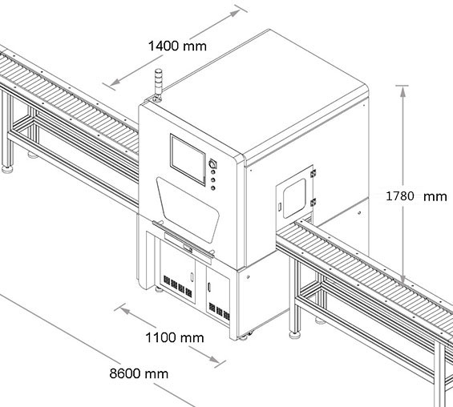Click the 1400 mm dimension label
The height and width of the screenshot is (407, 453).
(177, 46)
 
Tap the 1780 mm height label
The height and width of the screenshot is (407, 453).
(416, 196)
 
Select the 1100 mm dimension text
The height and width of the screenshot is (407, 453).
(175, 337)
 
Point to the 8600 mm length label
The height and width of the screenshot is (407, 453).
(139, 373)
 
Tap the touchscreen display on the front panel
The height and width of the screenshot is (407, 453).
(188, 159)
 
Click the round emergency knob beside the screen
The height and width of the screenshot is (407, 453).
(213, 164)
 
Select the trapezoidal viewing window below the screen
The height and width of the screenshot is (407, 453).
(188, 209)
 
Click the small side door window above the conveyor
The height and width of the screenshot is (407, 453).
(294, 198)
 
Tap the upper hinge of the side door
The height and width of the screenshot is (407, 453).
(313, 173)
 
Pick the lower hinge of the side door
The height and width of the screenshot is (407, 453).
(313, 203)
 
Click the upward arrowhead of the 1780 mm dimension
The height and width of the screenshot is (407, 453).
(402, 91)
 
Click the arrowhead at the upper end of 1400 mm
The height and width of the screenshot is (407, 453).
(234, 14)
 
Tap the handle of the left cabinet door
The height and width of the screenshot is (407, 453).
(192, 276)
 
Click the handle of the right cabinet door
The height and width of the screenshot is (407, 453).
(209, 288)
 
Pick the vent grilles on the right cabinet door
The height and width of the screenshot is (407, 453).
(219, 312)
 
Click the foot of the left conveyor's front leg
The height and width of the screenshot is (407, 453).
(7, 169)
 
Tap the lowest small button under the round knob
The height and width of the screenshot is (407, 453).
(213, 188)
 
